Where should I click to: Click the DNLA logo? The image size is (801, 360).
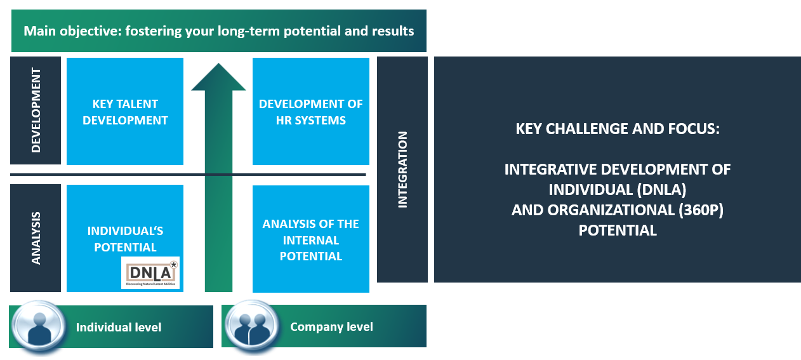tap(150, 272)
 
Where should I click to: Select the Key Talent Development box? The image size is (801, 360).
tap(125, 112)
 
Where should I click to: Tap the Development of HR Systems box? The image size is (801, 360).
tap(311, 112)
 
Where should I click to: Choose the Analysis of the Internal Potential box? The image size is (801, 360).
tap(311, 239)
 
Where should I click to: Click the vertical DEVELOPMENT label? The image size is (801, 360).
tap(36, 110)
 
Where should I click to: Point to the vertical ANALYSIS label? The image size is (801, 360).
tap(36, 238)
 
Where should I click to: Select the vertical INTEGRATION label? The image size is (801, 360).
tap(402, 170)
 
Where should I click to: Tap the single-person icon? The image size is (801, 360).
tap(39, 326)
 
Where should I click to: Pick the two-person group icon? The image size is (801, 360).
tap(252, 326)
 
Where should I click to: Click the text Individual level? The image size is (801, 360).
tap(119, 328)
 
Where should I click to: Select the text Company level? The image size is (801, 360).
tap(331, 327)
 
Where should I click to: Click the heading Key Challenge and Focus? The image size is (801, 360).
tap(617, 129)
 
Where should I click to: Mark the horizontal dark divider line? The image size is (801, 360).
tap(188, 175)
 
